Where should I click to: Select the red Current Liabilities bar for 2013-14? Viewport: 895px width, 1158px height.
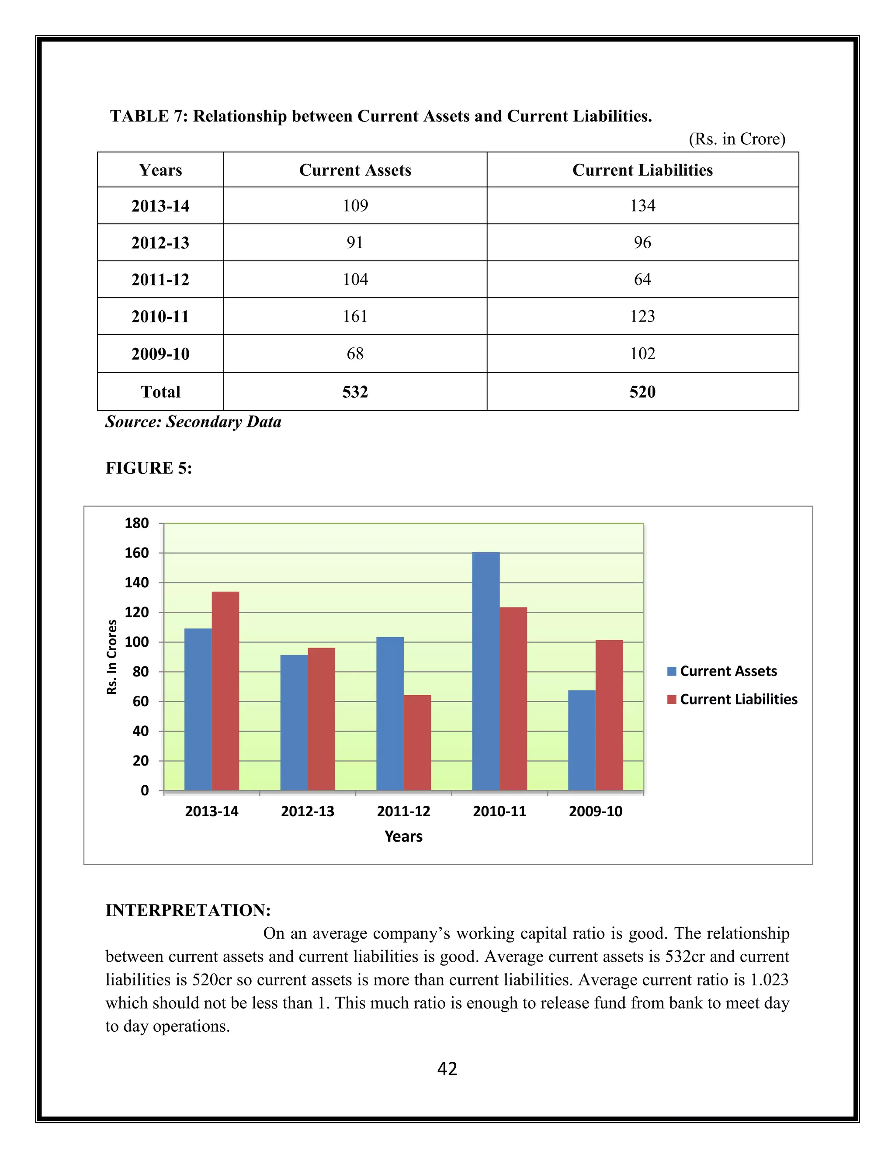(225, 690)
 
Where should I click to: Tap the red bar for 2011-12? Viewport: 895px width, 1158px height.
(417, 742)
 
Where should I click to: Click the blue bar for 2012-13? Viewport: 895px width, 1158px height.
(294, 722)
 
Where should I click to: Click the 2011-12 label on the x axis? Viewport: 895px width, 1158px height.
(403, 811)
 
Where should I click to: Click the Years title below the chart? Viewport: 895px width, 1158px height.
(403, 837)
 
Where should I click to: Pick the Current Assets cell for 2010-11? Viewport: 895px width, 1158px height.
(355, 316)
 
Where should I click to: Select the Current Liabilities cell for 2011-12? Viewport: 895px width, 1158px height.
(642, 279)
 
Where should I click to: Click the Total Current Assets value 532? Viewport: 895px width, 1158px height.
(355, 392)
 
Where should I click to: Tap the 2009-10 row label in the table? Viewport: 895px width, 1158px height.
(160, 354)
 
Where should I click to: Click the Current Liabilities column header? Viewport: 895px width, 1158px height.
(642, 170)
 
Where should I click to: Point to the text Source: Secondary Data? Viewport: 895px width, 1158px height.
(193, 422)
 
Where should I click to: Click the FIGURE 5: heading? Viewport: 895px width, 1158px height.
(149, 468)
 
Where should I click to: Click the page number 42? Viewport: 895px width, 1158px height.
(447, 1068)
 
